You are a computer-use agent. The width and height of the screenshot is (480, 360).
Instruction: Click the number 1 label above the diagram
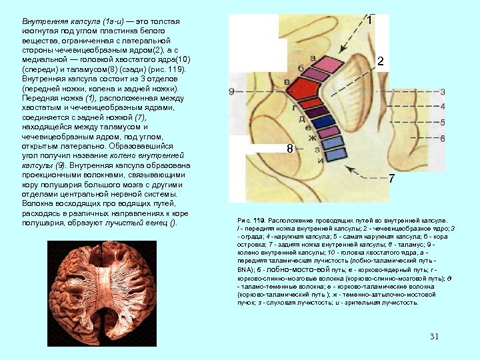(x=369, y=21)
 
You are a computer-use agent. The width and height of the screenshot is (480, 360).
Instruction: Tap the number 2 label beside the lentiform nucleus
(x=380, y=61)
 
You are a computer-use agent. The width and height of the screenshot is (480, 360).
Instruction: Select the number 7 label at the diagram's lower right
(x=391, y=179)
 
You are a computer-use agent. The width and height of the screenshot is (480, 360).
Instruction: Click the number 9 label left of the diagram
(x=231, y=91)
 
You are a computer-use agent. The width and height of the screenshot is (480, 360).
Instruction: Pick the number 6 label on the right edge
(x=442, y=137)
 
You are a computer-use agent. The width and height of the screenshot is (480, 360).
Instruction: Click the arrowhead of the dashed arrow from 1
(x=339, y=51)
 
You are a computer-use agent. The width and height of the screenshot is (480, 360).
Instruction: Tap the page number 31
(x=435, y=335)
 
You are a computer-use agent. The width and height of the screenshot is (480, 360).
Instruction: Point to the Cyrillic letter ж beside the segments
(x=311, y=137)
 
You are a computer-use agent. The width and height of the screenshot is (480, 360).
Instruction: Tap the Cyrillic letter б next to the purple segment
(x=301, y=69)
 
